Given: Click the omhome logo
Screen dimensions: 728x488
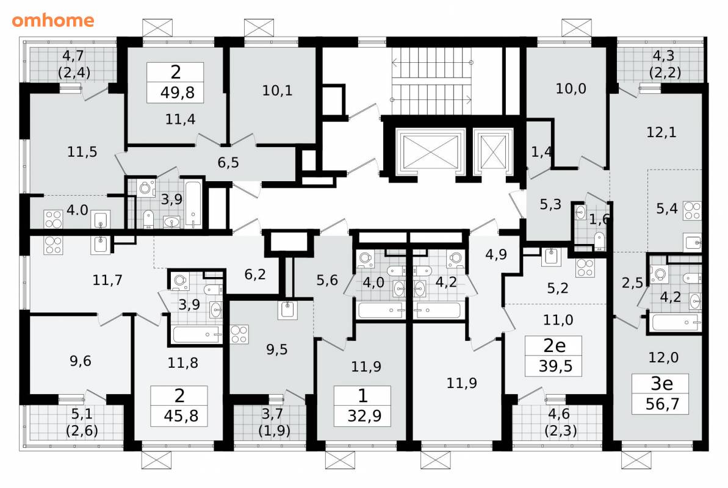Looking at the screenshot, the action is click(53, 20).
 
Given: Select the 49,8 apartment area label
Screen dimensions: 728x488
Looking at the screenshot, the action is click(178, 92).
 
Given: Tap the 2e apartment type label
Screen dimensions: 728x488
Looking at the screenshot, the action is click(554, 345).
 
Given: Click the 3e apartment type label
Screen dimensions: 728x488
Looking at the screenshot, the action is click(661, 383).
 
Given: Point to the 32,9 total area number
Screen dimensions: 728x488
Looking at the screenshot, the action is click(364, 415).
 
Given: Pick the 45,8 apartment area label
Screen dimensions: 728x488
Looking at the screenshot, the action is click(181, 415).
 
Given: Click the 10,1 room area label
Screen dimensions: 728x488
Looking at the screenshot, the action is click(277, 90).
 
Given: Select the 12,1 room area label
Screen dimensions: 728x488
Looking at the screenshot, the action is click(661, 132).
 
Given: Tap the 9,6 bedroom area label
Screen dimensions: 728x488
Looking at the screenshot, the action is click(81, 361).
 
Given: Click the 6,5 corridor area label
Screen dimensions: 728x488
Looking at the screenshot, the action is click(228, 162).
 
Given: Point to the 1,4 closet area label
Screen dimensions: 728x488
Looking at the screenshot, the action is click(541, 151).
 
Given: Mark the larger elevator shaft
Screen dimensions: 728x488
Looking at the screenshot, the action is click(430, 151).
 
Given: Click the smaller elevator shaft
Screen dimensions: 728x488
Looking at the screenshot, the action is click(492, 151).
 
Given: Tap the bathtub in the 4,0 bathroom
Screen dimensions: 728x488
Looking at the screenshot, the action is click(380, 310).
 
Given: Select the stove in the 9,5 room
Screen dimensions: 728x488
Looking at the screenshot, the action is click(239, 334).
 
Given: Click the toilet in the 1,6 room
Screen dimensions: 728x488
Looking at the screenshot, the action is click(599, 240).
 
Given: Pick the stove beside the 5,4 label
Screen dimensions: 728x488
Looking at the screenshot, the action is click(692, 211).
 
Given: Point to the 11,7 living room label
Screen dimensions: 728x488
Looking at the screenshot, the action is click(107, 280).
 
